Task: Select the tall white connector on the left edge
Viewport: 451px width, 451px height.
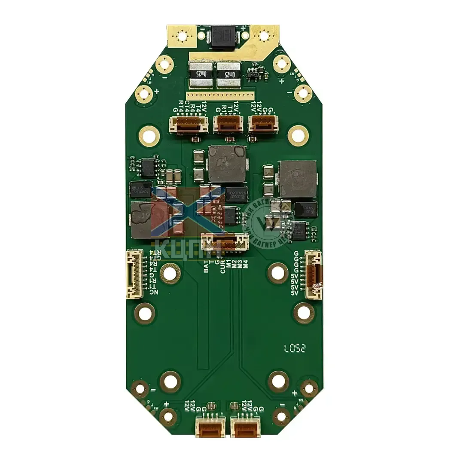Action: click(134, 274)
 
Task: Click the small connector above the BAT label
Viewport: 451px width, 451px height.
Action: click(225, 241)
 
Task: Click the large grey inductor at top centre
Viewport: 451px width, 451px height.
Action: click(227, 164)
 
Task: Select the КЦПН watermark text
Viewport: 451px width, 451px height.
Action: click(189, 249)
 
